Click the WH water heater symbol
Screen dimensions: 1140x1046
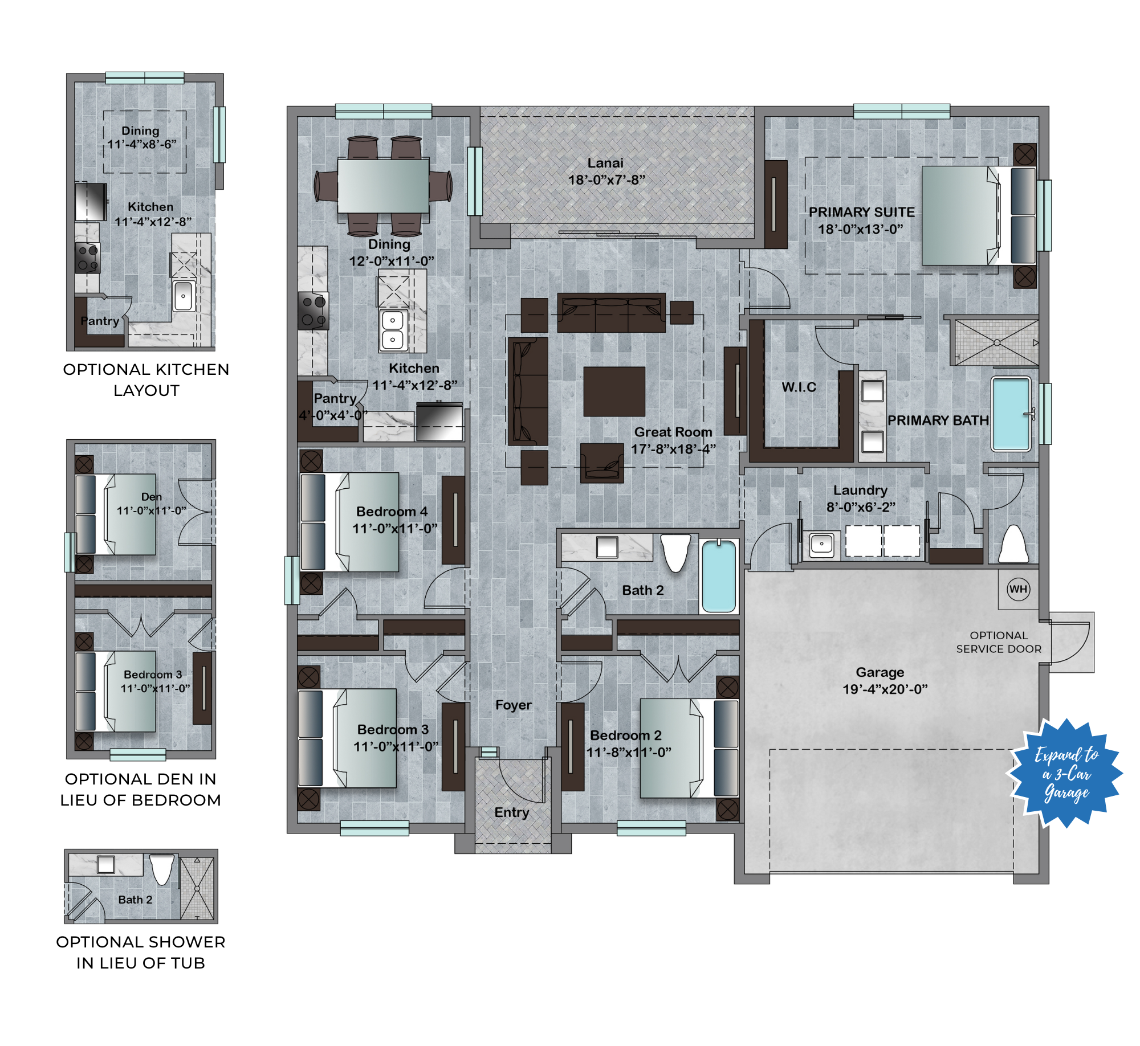pyautogui.click(x=1018, y=589)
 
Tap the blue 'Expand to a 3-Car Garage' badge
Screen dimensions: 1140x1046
pyautogui.click(x=1065, y=773)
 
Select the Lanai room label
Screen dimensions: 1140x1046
pyautogui.click(x=605, y=163)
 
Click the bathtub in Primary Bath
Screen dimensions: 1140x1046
pyautogui.click(x=1011, y=414)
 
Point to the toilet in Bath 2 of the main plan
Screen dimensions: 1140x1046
pyautogui.click(x=675, y=553)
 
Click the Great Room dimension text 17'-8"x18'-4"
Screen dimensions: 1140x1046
pyautogui.click(x=673, y=449)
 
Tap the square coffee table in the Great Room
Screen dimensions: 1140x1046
pyautogui.click(x=614, y=391)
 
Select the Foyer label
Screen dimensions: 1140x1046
pyautogui.click(x=513, y=705)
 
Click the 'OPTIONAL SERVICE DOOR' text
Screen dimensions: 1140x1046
pyautogui.click(x=999, y=642)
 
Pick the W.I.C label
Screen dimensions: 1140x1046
pyautogui.click(x=799, y=387)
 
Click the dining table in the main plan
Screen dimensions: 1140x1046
pyautogui.click(x=383, y=186)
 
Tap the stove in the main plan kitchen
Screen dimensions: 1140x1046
pyautogui.click(x=313, y=311)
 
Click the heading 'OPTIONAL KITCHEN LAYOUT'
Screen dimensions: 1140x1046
pyautogui.click(x=146, y=380)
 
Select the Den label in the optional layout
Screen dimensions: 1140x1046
pyautogui.click(x=152, y=497)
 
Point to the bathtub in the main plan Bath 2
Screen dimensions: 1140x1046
pyautogui.click(x=719, y=576)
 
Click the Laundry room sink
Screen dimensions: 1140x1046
pyautogui.click(x=821, y=544)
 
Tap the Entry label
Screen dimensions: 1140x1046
pyautogui.click(x=511, y=813)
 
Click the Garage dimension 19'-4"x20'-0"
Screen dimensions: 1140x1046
pyautogui.click(x=885, y=689)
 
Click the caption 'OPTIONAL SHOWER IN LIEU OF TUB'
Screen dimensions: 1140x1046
pyautogui.click(x=141, y=953)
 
